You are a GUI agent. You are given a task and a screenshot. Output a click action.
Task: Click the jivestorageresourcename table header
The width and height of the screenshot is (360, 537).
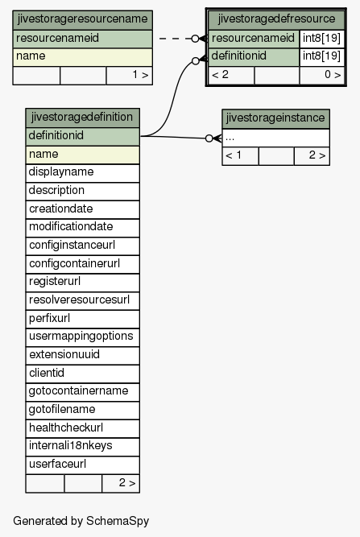(x=82, y=20)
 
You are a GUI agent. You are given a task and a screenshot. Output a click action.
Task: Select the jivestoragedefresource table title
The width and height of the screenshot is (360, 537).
(x=276, y=20)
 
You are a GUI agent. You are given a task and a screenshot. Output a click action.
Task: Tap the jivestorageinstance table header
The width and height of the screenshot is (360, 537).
(x=275, y=118)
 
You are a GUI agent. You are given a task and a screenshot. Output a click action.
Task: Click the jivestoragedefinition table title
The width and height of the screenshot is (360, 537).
(x=82, y=118)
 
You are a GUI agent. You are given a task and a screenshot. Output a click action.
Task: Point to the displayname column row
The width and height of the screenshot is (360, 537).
(x=82, y=173)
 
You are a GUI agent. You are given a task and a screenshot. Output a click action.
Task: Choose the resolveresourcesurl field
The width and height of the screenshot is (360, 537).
(x=82, y=300)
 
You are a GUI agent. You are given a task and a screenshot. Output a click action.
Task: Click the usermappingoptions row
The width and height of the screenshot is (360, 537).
(x=82, y=337)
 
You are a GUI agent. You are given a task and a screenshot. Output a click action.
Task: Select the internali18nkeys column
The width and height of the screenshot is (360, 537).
(x=82, y=447)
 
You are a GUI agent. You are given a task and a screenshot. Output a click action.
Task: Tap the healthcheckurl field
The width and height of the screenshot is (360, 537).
(x=82, y=429)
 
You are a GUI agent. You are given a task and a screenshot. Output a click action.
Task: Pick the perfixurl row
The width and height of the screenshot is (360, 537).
(x=82, y=319)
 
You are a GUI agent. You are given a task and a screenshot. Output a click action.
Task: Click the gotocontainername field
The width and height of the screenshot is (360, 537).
(x=82, y=392)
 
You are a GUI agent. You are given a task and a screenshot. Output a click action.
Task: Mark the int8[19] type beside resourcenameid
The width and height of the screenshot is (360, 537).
(x=321, y=39)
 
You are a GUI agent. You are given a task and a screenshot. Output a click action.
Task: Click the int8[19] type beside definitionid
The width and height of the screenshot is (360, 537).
(x=321, y=57)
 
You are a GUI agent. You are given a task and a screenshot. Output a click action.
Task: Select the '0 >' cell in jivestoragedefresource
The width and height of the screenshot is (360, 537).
(x=321, y=76)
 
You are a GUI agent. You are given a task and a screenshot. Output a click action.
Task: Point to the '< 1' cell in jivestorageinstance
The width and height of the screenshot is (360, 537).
(x=240, y=156)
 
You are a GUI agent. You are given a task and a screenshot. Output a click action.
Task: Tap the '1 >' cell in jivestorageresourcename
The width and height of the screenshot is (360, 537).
(x=130, y=76)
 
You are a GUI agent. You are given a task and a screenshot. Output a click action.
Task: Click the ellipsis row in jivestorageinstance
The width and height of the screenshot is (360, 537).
(x=275, y=138)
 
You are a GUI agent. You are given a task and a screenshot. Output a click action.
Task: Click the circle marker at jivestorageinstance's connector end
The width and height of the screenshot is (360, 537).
(x=209, y=138)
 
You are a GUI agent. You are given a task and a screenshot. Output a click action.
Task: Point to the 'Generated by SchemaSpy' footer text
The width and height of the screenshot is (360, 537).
(x=81, y=521)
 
